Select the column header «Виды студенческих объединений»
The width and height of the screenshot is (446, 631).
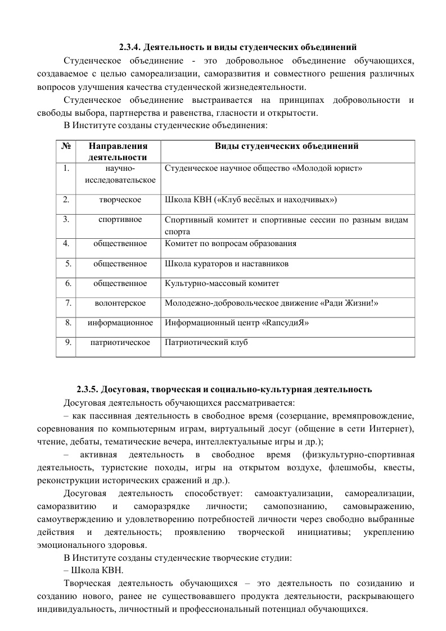point(287,146)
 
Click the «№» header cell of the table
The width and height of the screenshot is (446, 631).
point(67,146)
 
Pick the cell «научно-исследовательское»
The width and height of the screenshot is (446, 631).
point(120,173)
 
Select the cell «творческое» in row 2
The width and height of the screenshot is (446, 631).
point(120,199)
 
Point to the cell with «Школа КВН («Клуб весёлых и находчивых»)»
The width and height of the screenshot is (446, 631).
point(251,199)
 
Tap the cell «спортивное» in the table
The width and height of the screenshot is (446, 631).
point(120,219)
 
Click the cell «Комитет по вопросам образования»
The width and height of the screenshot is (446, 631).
point(231,244)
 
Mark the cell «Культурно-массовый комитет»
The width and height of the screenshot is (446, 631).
point(222,284)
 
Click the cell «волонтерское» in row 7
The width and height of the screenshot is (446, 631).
point(120,303)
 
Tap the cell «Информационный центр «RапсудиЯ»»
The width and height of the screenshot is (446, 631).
point(237,323)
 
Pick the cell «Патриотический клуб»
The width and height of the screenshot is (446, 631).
point(206,342)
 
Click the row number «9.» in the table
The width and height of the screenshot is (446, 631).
point(67,342)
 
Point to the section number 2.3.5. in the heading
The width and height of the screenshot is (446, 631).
point(89,389)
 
